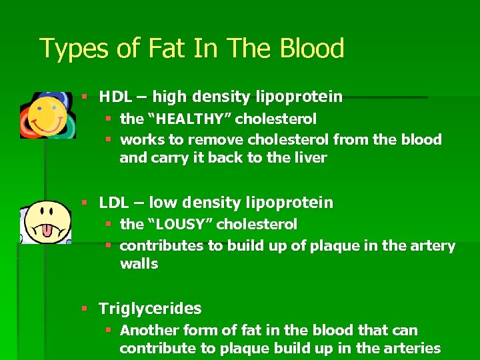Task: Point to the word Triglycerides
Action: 150,309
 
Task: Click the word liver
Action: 312,158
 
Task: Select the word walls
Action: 139,264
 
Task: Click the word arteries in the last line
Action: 411,349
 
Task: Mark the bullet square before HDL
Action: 84,97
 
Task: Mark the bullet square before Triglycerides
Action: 84,309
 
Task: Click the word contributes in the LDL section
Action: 161,246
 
